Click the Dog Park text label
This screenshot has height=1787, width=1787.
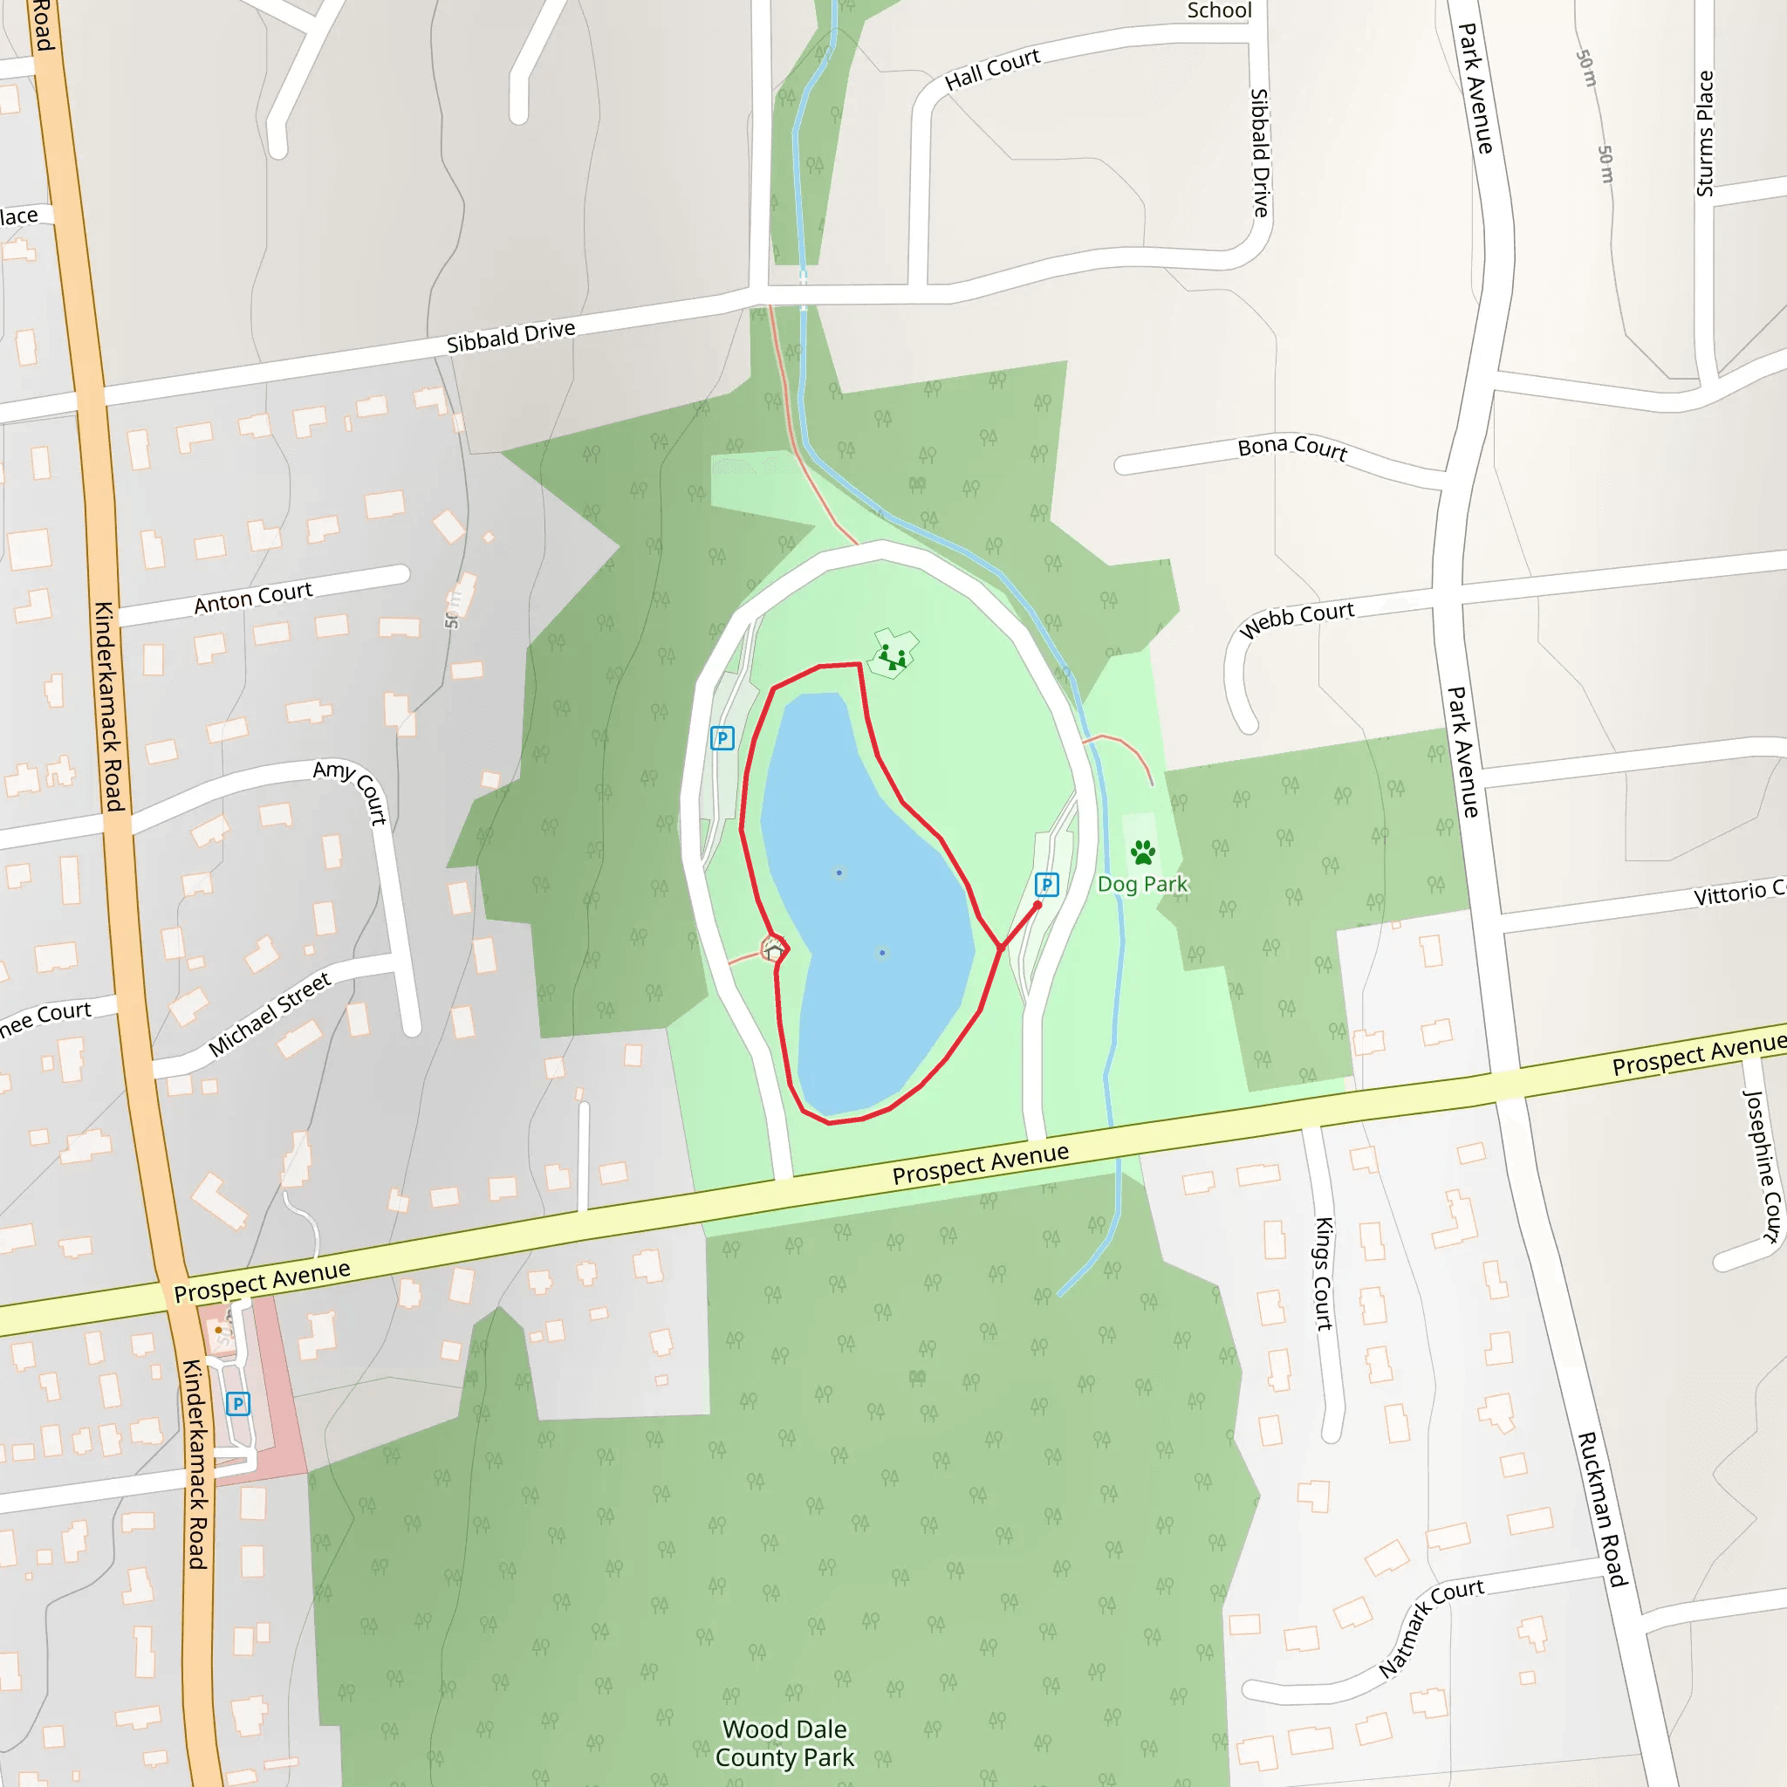point(1141,884)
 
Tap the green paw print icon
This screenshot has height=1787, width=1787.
point(1142,852)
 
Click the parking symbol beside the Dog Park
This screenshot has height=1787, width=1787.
point(1046,885)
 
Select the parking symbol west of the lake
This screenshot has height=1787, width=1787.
point(722,738)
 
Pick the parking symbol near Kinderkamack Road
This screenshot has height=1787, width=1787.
point(237,1404)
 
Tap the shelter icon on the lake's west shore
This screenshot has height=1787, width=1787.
point(773,949)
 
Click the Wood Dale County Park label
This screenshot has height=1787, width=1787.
point(785,1742)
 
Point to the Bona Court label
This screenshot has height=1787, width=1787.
point(1292,448)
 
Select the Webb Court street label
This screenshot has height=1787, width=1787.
point(1297,619)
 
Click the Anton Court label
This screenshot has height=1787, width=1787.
point(253,598)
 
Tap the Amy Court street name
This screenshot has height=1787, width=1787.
point(352,791)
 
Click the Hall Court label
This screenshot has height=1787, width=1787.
point(992,68)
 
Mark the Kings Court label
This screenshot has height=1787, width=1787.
point(1325,1274)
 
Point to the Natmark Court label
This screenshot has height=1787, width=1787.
point(1430,1627)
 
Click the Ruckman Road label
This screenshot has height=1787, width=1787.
point(1602,1509)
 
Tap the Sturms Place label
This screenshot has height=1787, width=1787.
point(1705,134)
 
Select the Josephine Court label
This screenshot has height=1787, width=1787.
point(1762,1166)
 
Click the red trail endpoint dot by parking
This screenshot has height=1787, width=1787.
point(1037,906)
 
